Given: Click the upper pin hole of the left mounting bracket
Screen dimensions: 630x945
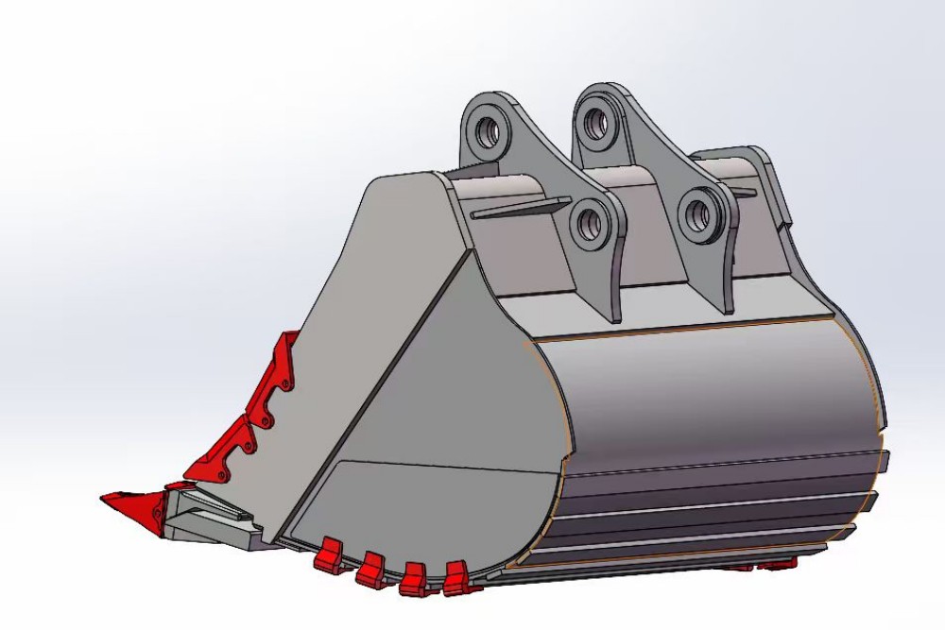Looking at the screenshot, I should pos(489,131).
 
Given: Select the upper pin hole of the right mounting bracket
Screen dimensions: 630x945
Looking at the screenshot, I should pos(595,121).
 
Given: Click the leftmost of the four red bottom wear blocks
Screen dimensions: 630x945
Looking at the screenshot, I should pos(328,555).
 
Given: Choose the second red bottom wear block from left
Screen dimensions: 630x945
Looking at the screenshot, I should pos(370,568).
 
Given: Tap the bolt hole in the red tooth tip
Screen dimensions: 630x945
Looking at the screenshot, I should pos(153,511).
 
